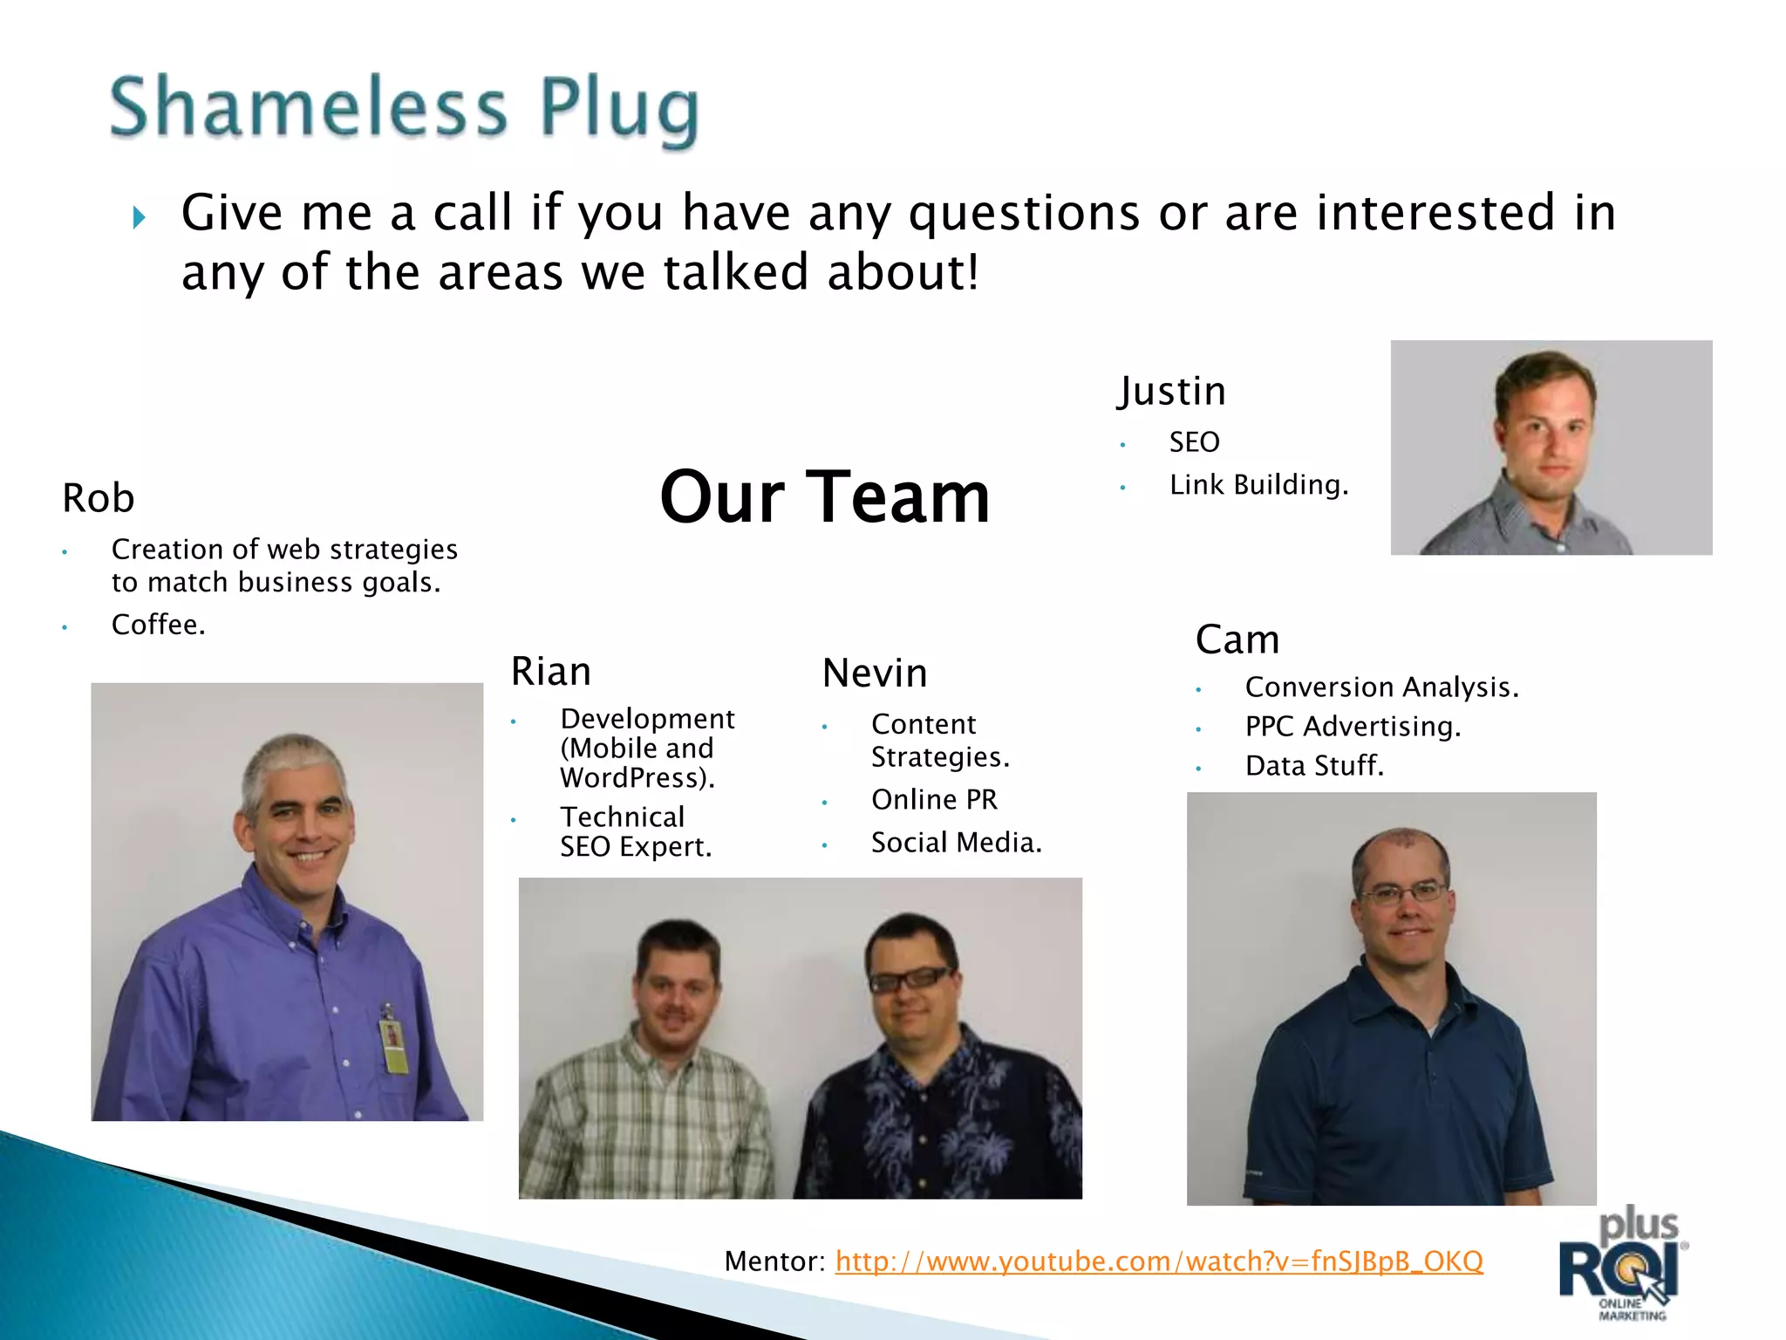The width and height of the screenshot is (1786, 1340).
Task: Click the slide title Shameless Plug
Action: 404,108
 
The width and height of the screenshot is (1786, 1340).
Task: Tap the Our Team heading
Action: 825,497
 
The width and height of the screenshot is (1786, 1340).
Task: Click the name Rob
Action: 99,499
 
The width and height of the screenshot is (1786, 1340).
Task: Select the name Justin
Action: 1172,392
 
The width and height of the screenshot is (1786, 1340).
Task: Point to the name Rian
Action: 551,672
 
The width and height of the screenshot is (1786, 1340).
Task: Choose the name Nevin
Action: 875,673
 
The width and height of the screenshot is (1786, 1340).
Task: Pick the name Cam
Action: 1237,639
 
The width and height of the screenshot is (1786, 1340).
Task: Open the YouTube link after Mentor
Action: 1158,1261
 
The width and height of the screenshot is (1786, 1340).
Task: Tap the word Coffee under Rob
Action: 158,625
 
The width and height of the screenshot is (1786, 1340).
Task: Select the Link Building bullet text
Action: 1258,485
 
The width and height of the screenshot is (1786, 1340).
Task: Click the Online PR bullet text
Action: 934,799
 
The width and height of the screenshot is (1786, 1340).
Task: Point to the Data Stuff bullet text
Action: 1314,766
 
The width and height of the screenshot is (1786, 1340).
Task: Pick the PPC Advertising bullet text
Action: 1353,727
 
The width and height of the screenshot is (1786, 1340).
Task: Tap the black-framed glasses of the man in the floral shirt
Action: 910,979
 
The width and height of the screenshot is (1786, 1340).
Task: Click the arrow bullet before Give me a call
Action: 140,217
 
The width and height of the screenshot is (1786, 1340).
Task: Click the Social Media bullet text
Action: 956,843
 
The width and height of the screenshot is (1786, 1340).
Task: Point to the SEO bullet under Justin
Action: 1194,442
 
